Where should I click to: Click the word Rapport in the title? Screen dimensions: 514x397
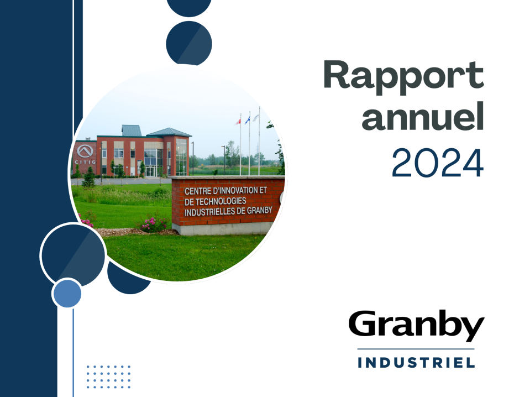click(403, 77)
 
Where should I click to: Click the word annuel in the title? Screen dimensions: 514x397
click(423, 116)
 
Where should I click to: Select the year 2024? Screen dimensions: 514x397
click(438, 163)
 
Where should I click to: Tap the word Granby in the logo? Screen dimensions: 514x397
click(416, 325)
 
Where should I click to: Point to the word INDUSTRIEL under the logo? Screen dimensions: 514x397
click(416, 363)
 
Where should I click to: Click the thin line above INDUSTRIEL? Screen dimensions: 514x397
click(416, 349)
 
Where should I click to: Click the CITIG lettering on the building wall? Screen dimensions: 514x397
click(85, 162)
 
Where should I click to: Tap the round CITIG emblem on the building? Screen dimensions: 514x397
click(85, 152)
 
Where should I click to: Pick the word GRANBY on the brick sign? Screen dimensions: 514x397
click(259, 211)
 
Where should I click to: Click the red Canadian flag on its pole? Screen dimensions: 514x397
click(238, 122)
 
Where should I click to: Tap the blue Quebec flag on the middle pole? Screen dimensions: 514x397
click(247, 120)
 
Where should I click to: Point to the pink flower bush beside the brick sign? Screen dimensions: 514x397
click(154, 224)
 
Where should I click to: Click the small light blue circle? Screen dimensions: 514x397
click(67, 293)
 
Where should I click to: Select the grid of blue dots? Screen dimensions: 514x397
click(108, 377)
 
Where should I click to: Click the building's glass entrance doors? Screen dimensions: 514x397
click(151, 171)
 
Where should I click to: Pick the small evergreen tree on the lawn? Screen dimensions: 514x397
click(88, 177)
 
